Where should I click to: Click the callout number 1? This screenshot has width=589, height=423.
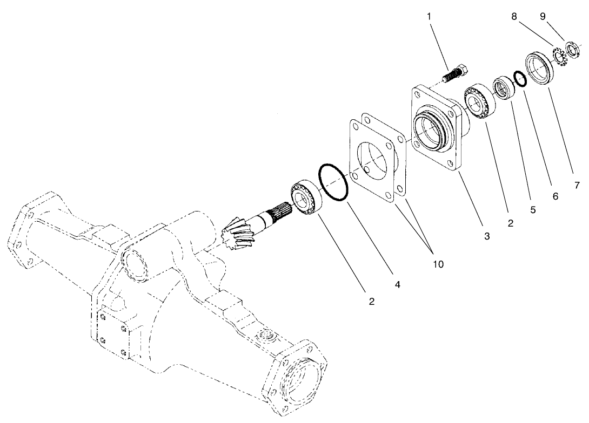[x=430, y=17]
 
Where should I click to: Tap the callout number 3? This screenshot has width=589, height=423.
[x=486, y=236]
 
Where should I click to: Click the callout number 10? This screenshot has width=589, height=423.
[x=438, y=264]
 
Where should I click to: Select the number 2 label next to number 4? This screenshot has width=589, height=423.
[x=371, y=302]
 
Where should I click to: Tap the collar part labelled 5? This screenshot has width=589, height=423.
[x=504, y=88]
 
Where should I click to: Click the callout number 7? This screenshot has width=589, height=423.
[x=577, y=186]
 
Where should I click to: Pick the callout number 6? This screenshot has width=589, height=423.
[x=555, y=197]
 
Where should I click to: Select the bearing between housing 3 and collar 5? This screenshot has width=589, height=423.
[x=479, y=100]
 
